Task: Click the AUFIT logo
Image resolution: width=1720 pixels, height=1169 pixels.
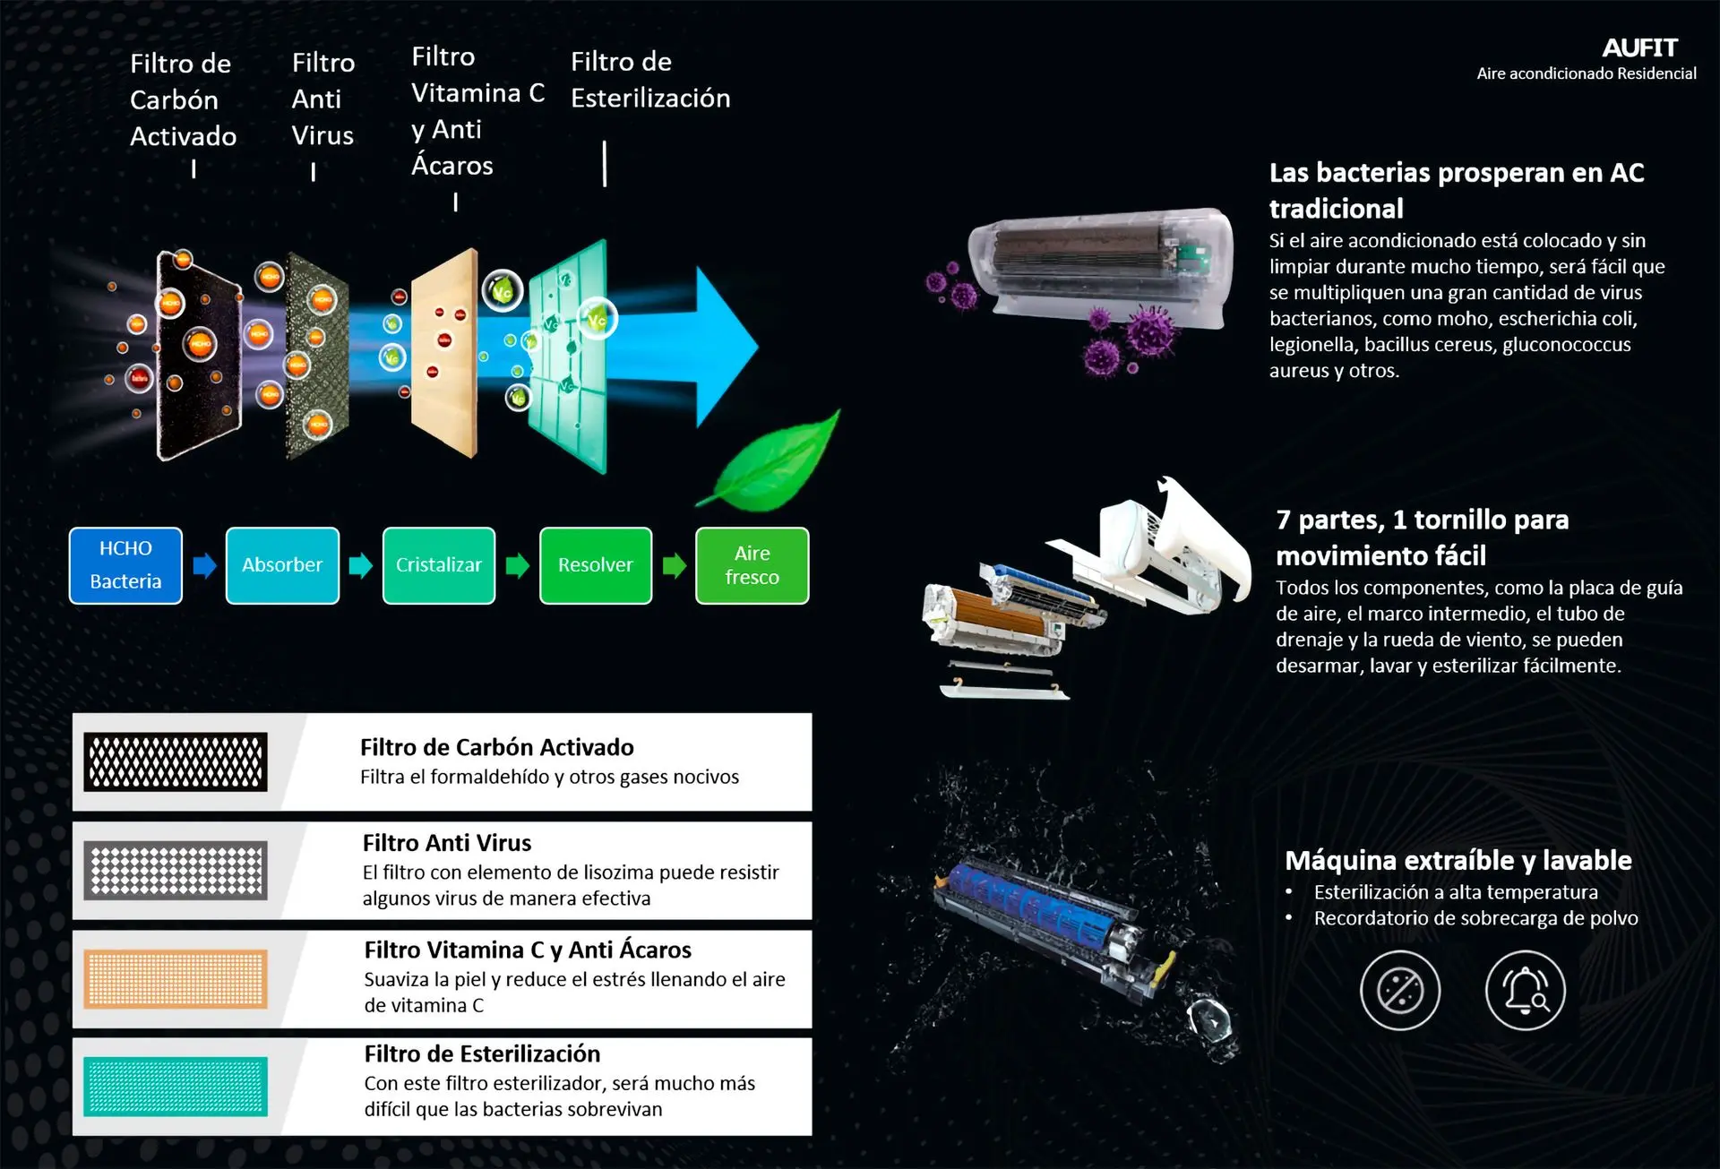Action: [x=1639, y=47]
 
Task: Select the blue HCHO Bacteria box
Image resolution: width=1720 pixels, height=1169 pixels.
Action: [x=125, y=565]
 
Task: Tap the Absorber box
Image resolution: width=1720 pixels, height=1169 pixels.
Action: [x=282, y=565]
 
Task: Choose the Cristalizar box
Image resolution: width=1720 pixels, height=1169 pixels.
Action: [x=439, y=565]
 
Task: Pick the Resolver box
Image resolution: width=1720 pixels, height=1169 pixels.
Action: [x=596, y=565]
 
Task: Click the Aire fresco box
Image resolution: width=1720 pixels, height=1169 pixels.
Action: [x=752, y=565]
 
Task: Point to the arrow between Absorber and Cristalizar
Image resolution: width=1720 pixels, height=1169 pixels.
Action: [x=361, y=565]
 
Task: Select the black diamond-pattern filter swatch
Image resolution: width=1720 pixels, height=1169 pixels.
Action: [x=176, y=761]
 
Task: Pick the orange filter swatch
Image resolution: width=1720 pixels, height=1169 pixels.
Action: [x=176, y=978]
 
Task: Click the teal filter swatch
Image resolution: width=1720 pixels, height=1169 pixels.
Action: [x=176, y=1087]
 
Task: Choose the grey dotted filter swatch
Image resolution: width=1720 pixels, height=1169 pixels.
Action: [x=176, y=870]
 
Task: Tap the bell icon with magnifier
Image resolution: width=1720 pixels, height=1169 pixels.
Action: [x=1526, y=990]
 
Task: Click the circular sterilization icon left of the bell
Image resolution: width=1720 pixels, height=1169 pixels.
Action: [x=1400, y=990]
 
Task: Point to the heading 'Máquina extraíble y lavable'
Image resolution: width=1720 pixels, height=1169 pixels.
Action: [x=1458, y=860]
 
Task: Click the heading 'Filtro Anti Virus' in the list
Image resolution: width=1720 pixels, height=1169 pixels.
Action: [x=447, y=843]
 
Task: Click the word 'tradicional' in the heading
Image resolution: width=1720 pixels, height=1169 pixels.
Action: [x=1337, y=209]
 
